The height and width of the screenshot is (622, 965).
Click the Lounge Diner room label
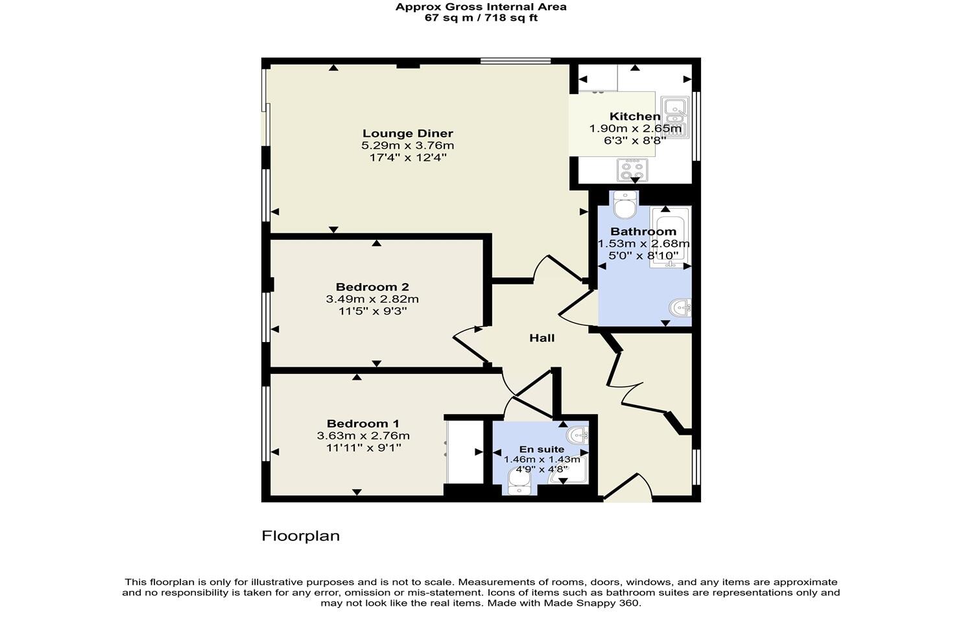click(407, 134)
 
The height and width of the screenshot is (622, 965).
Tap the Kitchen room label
click(634, 117)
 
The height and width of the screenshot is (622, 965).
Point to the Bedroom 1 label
click(363, 424)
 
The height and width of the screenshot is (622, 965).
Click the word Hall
click(542, 338)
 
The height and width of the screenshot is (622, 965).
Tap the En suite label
click(542, 449)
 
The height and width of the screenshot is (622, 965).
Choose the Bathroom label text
click(643, 231)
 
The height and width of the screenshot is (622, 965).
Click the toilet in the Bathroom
click(625, 206)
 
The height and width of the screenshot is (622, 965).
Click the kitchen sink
click(675, 117)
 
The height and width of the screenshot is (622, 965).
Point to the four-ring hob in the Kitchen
click(632, 170)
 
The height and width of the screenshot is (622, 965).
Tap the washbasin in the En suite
click(577, 433)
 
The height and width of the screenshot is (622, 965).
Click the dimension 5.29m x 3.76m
click(407, 146)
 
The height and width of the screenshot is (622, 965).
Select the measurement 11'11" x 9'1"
click(363, 447)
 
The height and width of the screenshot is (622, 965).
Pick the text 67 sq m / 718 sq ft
click(481, 18)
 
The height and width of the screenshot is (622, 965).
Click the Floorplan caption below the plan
click(300, 536)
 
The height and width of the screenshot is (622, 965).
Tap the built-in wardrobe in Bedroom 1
click(465, 452)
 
